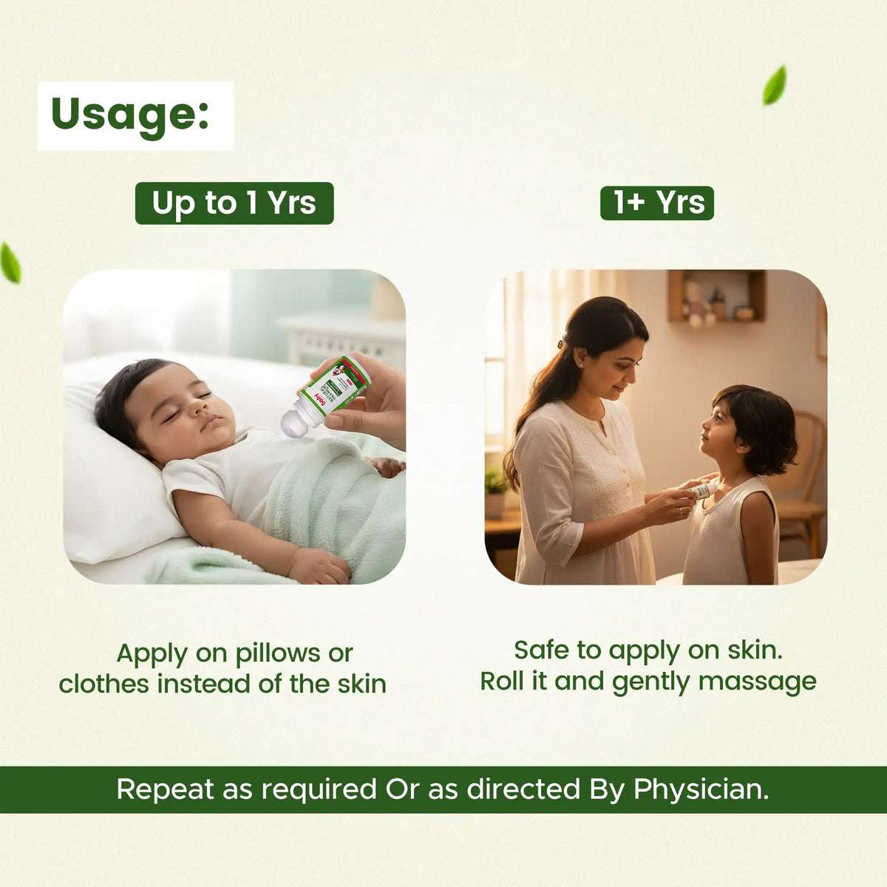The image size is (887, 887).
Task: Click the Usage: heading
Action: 130,115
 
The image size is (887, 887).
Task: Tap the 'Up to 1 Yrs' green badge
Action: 234,203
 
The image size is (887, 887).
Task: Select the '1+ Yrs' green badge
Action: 657,202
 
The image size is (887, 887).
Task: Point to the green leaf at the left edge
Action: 10,263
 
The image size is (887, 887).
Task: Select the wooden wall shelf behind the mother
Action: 717,296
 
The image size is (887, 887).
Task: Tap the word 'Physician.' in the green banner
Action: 701,789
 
